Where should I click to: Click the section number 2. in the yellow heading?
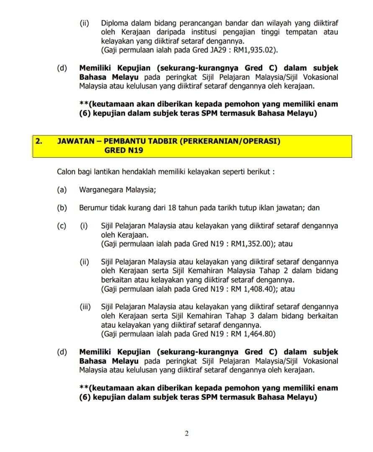(x=39, y=141)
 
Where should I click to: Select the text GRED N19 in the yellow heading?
(x=124, y=150)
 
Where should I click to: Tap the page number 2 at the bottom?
(x=187, y=433)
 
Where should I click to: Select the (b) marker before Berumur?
(x=62, y=208)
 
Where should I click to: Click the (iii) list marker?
(x=85, y=307)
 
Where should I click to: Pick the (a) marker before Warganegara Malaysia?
(x=62, y=190)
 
